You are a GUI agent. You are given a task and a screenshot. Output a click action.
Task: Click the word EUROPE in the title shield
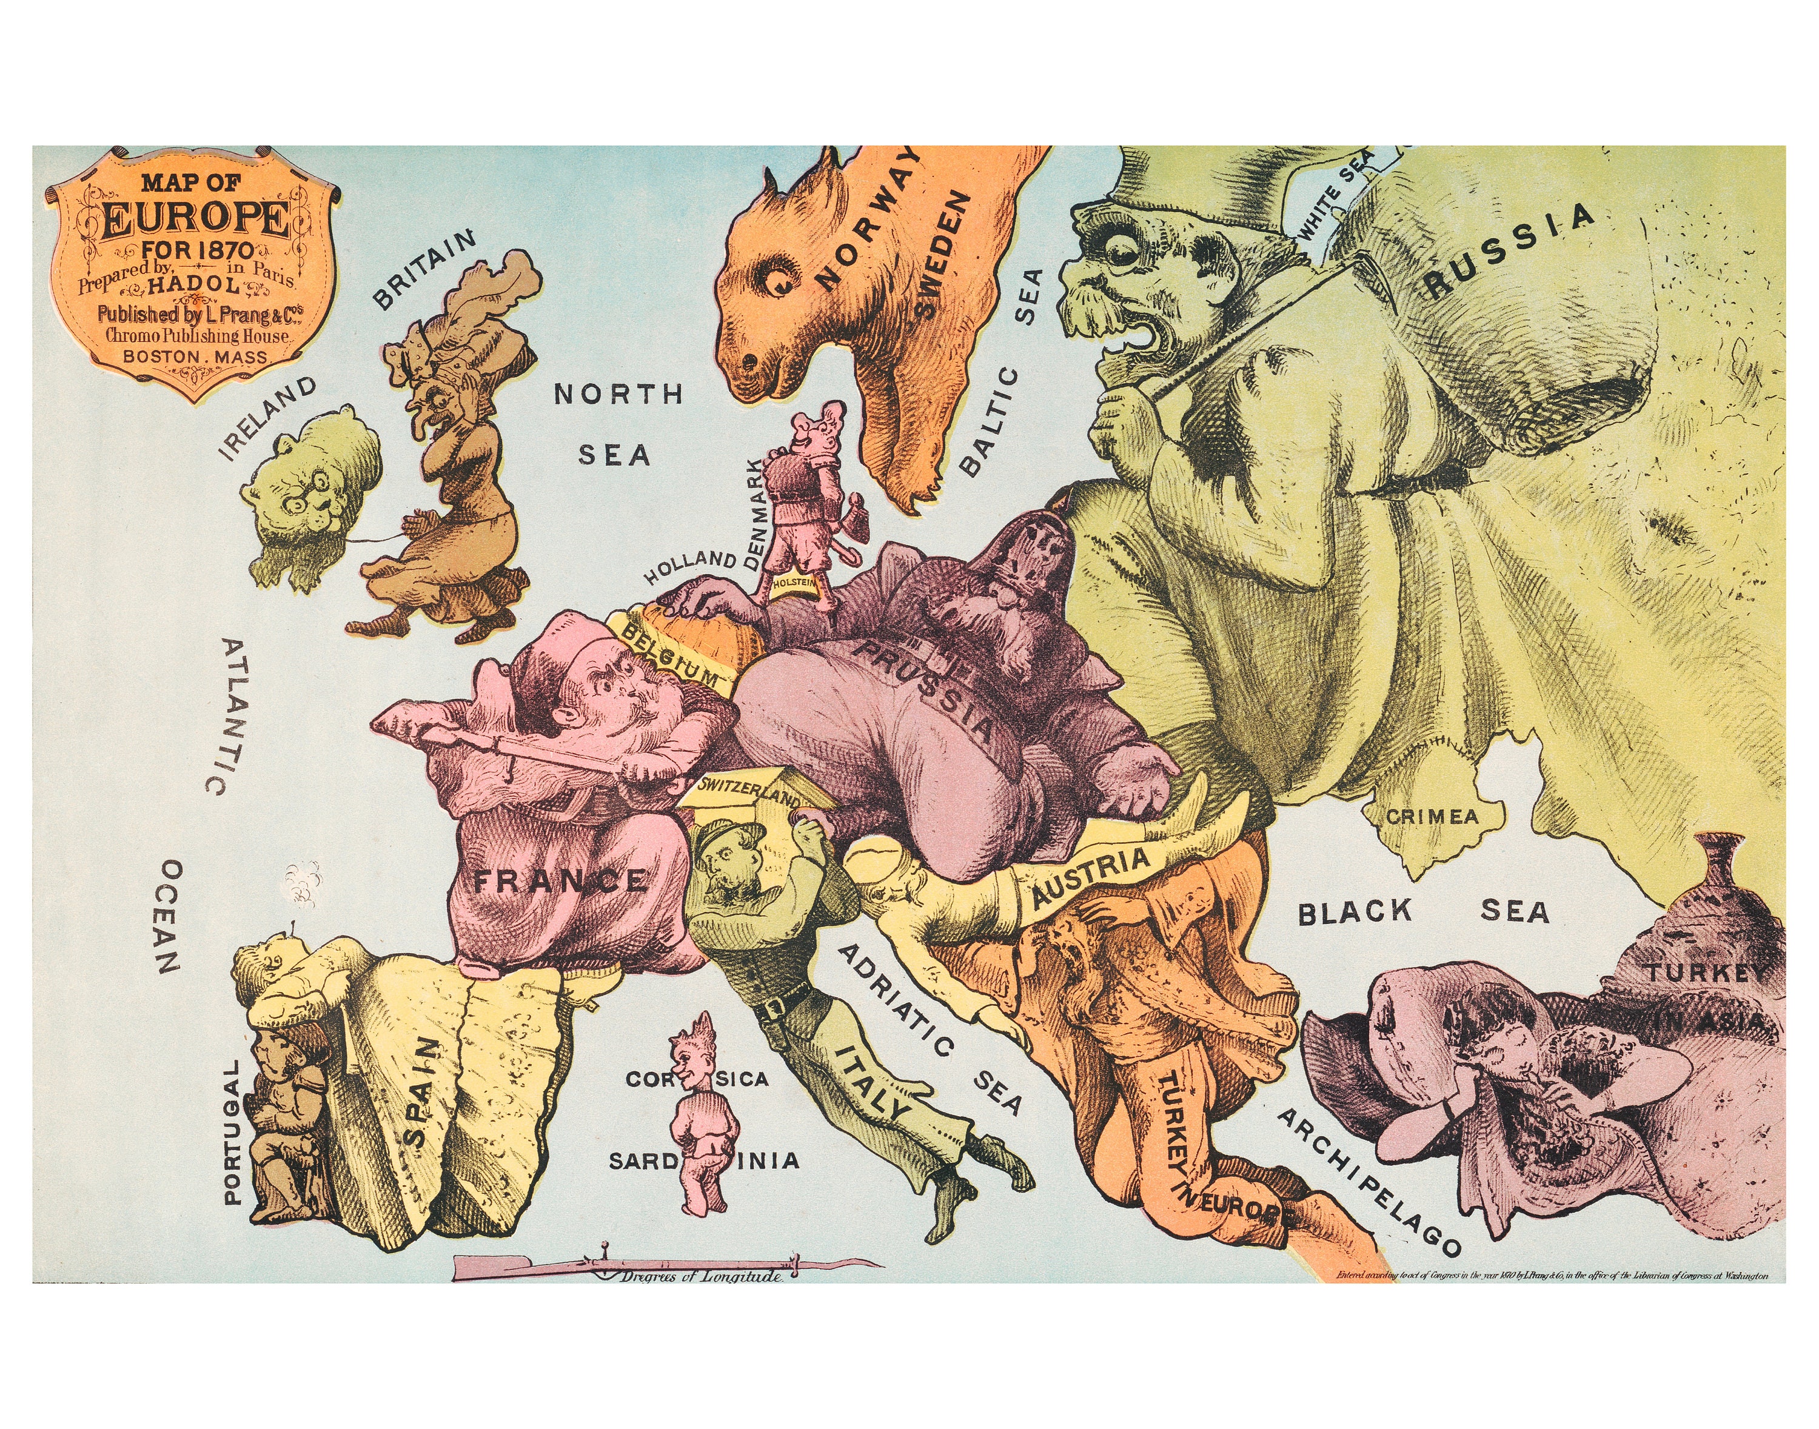(195, 220)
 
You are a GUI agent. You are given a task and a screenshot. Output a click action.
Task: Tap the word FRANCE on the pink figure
(559, 881)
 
